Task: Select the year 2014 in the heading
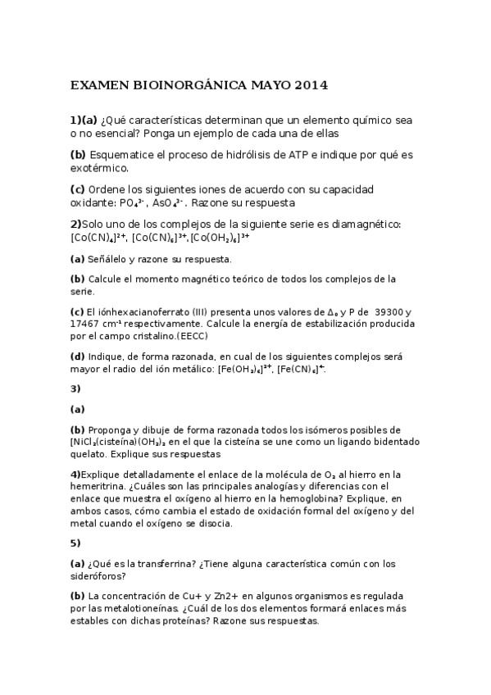point(311,84)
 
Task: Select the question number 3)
point(75,388)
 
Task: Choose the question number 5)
point(75,543)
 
